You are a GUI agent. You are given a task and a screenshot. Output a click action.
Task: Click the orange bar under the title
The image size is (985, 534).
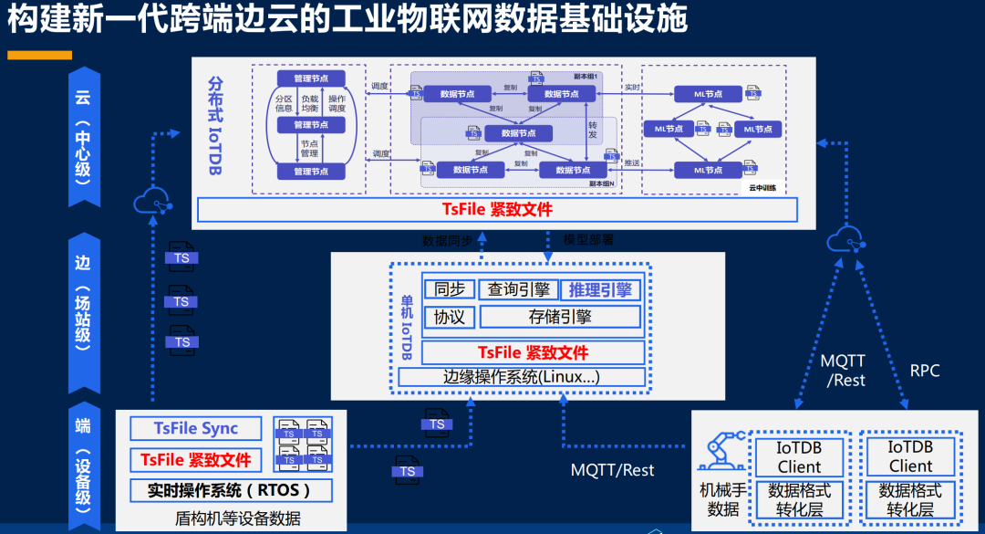click(39, 55)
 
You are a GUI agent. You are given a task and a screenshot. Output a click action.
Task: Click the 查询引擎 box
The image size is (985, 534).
click(518, 290)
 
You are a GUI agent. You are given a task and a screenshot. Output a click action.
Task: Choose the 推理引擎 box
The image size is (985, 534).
click(600, 290)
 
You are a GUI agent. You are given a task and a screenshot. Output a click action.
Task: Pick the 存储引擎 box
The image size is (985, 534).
click(560, 317)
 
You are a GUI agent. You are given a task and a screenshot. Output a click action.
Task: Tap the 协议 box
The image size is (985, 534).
click(449, 317)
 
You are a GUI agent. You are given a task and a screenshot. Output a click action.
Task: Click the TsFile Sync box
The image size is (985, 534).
click(196, 428)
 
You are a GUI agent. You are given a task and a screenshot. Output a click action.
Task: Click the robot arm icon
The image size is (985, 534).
click(721, 453)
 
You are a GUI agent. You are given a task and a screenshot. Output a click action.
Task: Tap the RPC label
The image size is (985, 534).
click(924, 371)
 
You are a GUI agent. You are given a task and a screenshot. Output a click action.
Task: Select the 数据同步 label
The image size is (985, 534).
click(447, 241)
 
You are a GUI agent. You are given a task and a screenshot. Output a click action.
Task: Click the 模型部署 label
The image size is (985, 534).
click(589, 240)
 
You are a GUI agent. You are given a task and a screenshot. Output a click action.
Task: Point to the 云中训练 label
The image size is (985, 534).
click(762, 188)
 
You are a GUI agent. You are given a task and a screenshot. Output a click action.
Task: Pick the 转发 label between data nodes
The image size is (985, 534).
click(593, 131)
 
